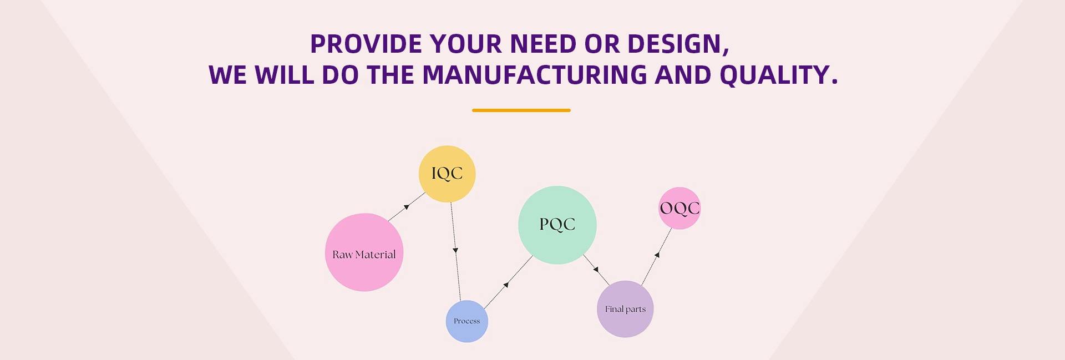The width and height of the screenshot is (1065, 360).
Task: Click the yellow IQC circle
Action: [447, 174]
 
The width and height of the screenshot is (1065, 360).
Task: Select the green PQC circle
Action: [557, 225]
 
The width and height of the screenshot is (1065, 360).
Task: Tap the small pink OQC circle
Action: [679, 208]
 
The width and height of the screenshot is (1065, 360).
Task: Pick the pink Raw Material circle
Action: [364, 252]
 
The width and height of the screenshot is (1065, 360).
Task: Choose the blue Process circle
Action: [466, 321]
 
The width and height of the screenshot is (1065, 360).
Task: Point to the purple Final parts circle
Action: [625, 309]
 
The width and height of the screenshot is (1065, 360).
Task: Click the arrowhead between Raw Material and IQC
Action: [407, 207]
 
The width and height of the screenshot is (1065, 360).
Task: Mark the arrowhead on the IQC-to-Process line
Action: [455, 251]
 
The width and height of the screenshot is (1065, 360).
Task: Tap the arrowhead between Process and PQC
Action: [505, 285]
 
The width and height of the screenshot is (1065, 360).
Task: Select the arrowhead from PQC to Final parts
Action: [596, 270]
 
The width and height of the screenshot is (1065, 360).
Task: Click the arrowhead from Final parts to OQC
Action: [657, 255]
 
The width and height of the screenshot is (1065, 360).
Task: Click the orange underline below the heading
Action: [521, 110]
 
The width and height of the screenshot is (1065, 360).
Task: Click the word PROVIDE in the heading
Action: [366, 44]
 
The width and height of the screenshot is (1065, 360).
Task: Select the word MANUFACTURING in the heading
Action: [535, 75]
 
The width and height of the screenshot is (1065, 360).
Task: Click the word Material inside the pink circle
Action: [376, 255]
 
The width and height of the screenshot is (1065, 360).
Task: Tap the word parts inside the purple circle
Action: [636, 309]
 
